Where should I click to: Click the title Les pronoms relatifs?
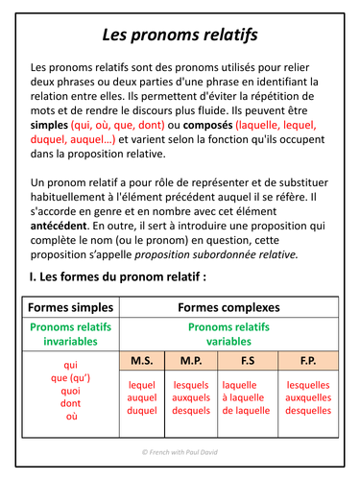[x=180, y=36]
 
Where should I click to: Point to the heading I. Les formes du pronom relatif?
[x=117, y=277]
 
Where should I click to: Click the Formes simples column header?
[x=70, y=308]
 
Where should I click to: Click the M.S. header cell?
[x=141, y=361]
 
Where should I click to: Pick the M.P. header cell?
[x=191, y=361]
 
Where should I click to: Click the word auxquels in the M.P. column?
[x=191, y=397]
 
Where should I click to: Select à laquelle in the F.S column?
[x=246, y=397]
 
